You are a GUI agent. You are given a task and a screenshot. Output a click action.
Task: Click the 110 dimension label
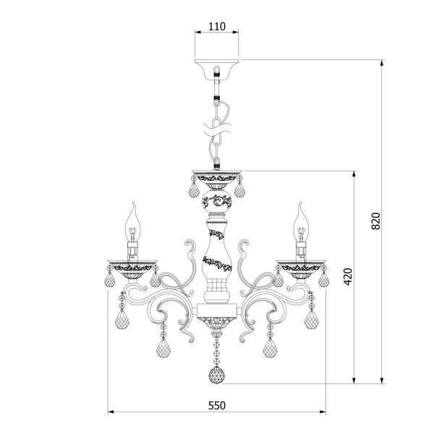(x=217, y=27)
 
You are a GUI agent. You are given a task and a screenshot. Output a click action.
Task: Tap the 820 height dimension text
(x=375, y=221)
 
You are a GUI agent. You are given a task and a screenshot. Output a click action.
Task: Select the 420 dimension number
(x=348, y=276)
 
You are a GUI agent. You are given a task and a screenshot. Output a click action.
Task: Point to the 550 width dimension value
(x=217, y=406)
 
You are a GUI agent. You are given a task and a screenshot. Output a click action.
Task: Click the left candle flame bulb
(x=133, y=223)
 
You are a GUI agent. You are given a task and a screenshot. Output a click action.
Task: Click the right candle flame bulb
(x=301, y=223)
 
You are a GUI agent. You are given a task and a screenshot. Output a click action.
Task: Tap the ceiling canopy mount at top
(x=216, y=69)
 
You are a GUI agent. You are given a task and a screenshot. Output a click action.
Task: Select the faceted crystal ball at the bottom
(x=216, y=375)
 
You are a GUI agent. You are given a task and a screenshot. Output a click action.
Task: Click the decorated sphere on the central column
(x=217, y=201)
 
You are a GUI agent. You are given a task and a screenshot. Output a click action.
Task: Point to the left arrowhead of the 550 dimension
(x=111, y=412)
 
